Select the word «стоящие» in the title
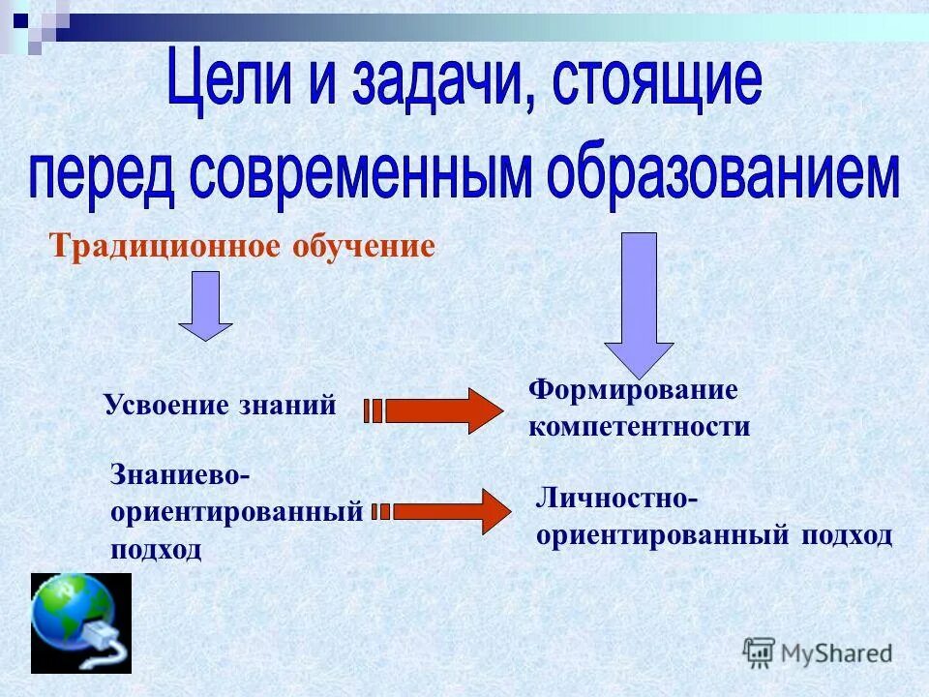point(657,83)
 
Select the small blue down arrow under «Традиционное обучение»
point(205,304)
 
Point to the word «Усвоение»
point(165,406)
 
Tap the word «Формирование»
point(633,390)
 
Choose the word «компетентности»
point(639,427)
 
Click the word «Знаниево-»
point(181,475)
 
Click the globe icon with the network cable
point(80,621)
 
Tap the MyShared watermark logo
point(818,652)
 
